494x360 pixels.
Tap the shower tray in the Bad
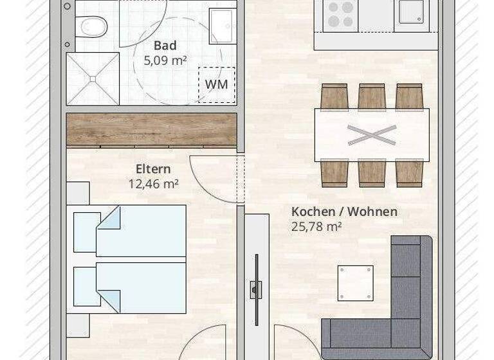pos(93,78)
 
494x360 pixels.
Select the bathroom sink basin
pos(223,26)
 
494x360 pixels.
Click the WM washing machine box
pos(216,84)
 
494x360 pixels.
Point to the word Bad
pos(165,46)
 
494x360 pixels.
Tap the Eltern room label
pos(153,169)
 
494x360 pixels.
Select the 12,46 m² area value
pos(153,183)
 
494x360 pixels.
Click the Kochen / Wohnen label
pos(344,212)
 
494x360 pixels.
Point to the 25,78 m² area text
pos(316,226)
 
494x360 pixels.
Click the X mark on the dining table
pos(372,135)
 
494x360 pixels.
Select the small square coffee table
pos(355,282)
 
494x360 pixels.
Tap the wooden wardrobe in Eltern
pos(152,129)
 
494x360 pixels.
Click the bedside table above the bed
pos(78,193)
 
